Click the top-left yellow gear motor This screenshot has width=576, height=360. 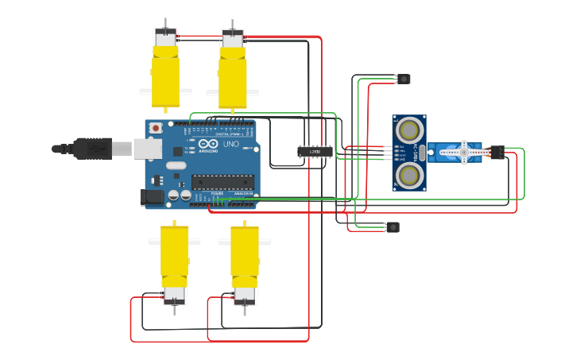pos(165,75)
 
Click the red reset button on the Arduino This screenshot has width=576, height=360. pos(156,127)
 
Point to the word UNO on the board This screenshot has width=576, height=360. pos(230,145)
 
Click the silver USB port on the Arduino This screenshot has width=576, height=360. pos(146,147)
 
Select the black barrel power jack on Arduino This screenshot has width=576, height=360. pos(151,196)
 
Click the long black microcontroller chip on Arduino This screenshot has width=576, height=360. pos(222,182)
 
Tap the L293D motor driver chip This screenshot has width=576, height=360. pos(315,151)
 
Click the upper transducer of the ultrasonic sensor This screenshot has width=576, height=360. pos(409,128)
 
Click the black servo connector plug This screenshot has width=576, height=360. pos(496,150)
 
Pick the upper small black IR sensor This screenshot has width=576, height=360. pos(404,79)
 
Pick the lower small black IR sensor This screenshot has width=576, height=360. pos(392,227)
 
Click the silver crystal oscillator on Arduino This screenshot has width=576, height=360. pos(176,166)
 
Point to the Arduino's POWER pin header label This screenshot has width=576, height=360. pos(217,193)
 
